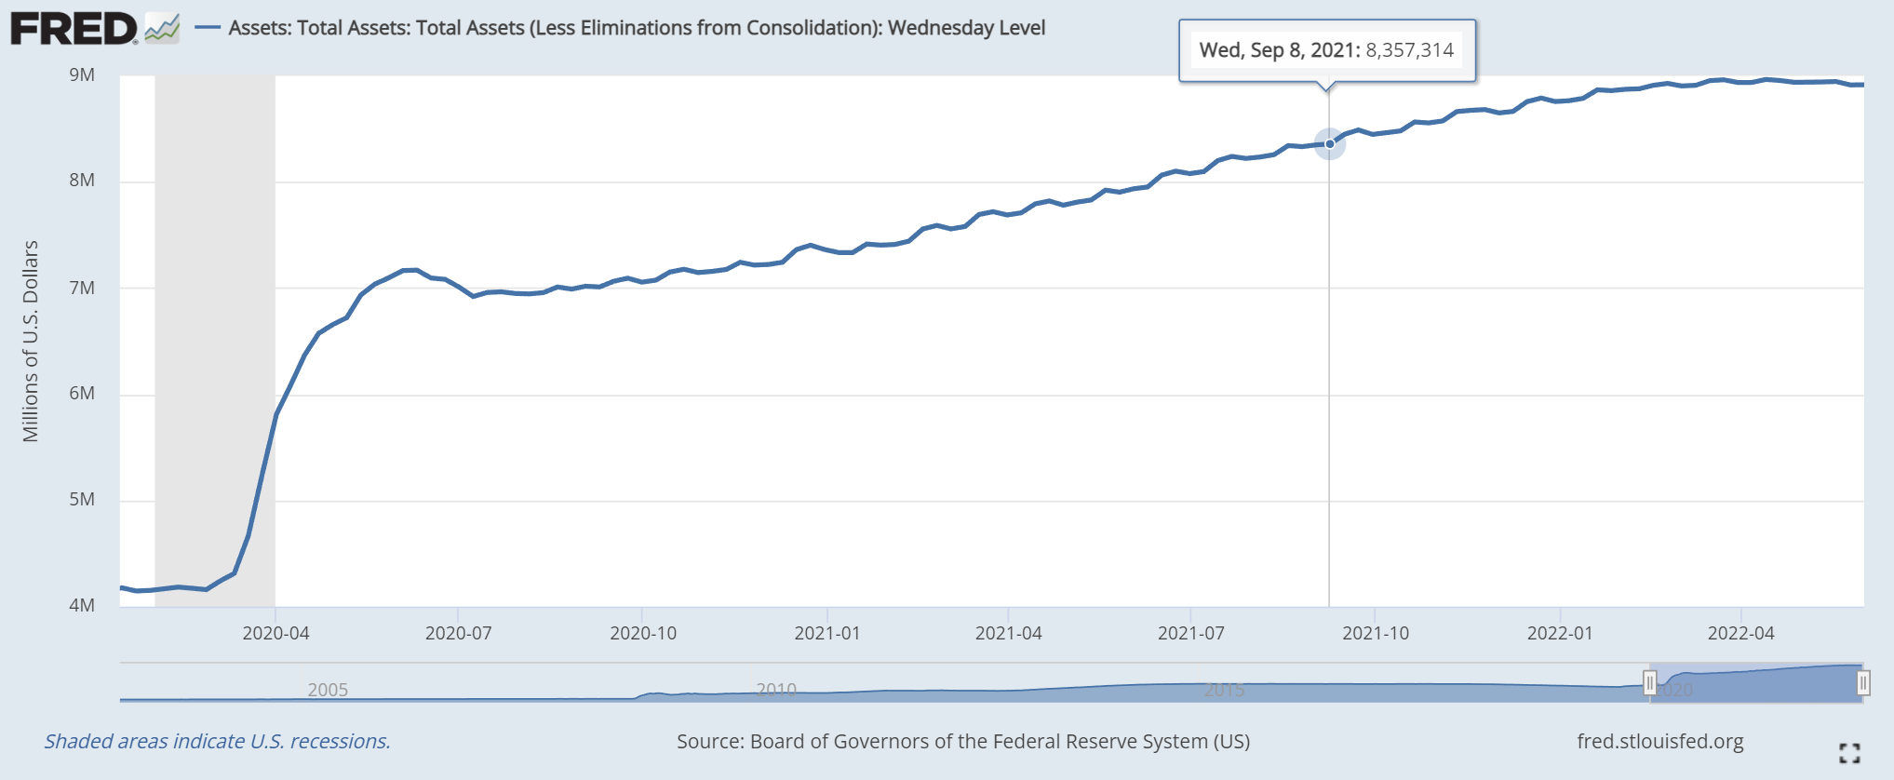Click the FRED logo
tap(74, 29)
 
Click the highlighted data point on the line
tap(1330, 143)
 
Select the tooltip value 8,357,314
tap(1409, 50)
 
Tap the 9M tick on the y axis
tap(82, 75)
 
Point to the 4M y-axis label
tap(82, 606)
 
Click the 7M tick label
tap(82, 289)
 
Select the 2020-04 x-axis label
tap(275, 634)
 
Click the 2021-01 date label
tap(826, 634)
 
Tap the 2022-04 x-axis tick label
tap(1740, 634)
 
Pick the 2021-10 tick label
tap(1375, 634)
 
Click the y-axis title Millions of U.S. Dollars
tap(31, 341)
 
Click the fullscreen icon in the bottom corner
tap(1849, 753)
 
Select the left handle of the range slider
tap(1649, 684)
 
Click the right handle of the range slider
tap(1862, 684)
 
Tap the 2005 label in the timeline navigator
tap(328, 690)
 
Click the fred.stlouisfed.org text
tap(1659, 742)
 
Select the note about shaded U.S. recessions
tap(218, 742)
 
